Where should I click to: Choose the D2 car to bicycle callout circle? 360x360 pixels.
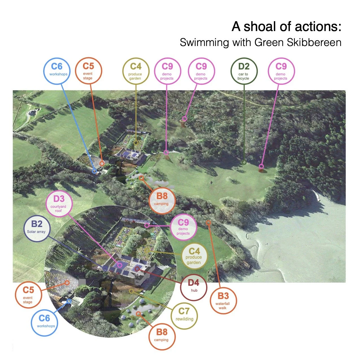(x=244, y=71)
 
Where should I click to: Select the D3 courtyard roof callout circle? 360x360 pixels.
(x=59, y=203)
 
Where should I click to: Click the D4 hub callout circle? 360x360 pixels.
(x=194, y=287)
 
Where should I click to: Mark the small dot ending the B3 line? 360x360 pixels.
(x=208, y=223)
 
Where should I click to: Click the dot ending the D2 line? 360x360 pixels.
(x=244, y=162)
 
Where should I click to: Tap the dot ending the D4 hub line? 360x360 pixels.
(x=137, y=269)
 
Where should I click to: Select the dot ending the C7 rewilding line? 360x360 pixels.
(x=131, y=291)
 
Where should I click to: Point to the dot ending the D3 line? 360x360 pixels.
(x=120, y=265)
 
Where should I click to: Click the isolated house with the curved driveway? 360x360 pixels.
(x=32, y=113)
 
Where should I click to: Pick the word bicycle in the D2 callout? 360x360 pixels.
(x=243, y=78)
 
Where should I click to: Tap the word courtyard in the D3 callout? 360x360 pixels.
(x=58, y=207)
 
